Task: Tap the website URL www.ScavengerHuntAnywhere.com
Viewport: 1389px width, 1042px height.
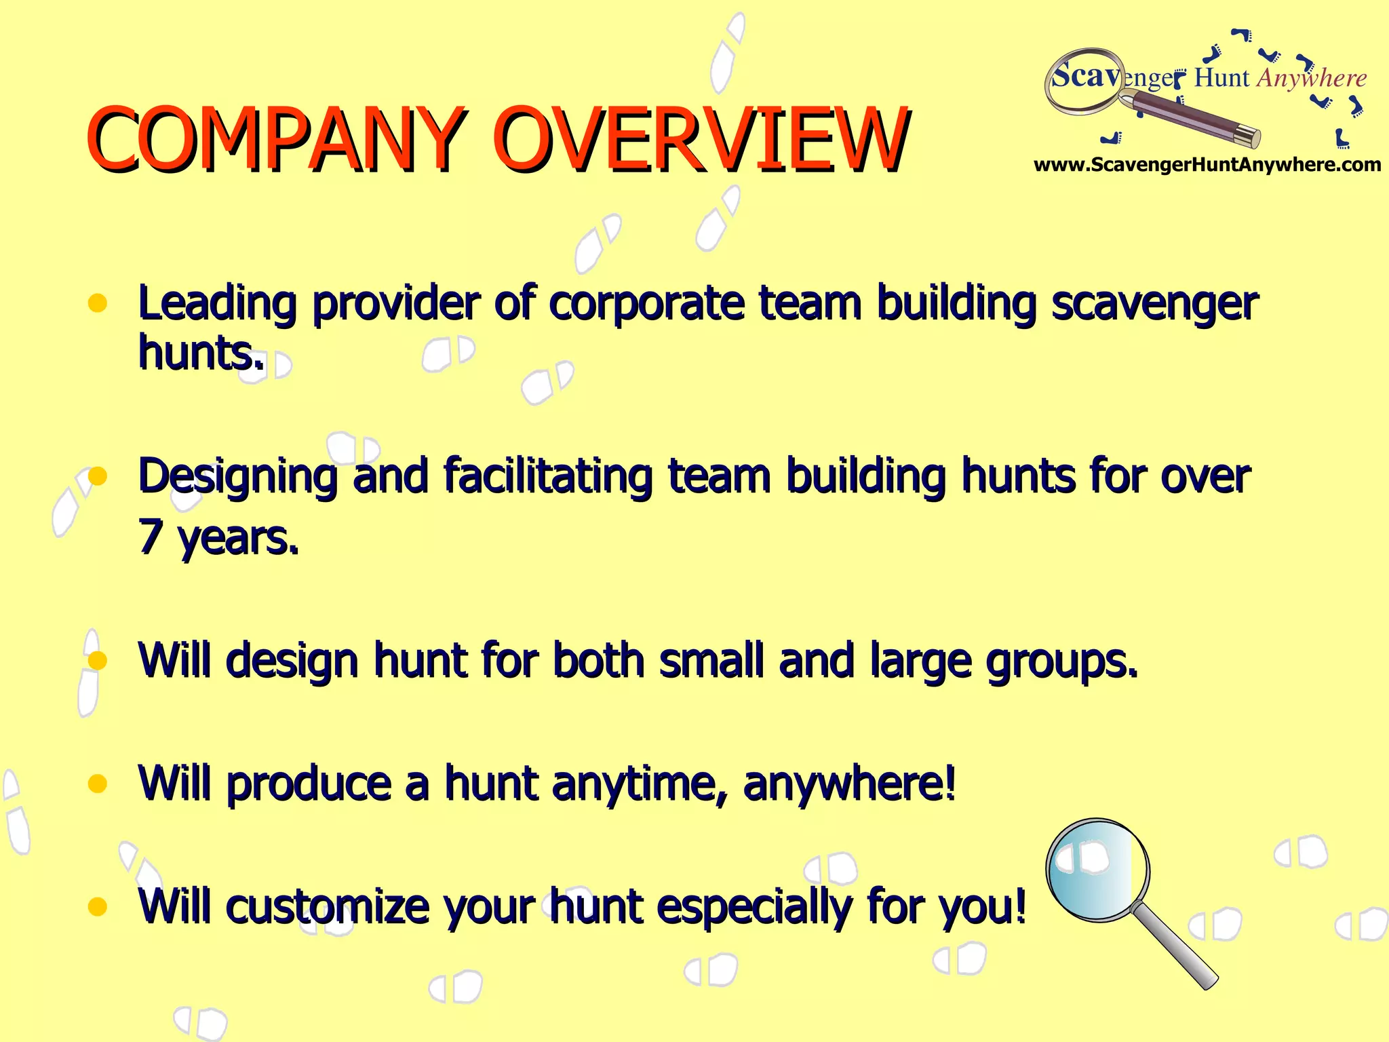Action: click(1207, 165)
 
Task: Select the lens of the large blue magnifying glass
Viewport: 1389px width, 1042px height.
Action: click(1097, 870)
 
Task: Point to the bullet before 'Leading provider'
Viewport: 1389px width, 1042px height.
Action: click(98, 303)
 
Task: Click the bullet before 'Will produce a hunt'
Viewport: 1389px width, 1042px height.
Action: click(98, 784)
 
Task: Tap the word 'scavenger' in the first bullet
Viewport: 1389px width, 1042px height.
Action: click(1154, 304)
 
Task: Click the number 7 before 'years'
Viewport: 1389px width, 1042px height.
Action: click(149, 537)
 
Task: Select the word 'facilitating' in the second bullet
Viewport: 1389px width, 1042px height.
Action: click(548, 476)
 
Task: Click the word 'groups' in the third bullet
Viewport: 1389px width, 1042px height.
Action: click(1061, 661)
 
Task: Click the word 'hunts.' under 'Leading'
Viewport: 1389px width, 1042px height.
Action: click(201, 353)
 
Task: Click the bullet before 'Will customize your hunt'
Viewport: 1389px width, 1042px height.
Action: click(98, 907)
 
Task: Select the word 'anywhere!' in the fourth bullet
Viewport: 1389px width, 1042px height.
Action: click(849, 784)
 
